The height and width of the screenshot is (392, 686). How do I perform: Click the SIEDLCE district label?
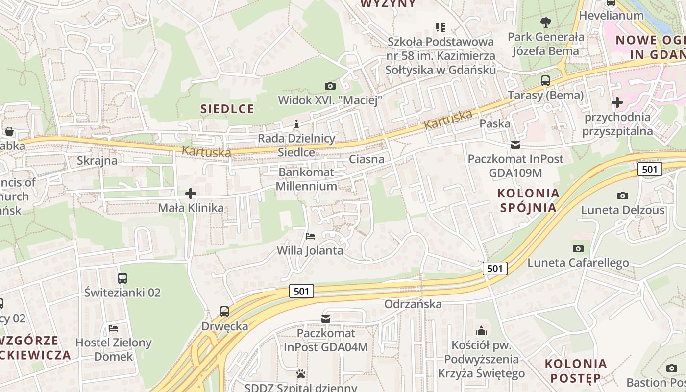pos(227,109)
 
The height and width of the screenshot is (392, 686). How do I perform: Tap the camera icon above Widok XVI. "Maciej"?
pos(330,86)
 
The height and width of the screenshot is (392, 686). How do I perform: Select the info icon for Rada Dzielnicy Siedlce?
pos(296,124)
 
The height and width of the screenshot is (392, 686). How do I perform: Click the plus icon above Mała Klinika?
pos(191,194)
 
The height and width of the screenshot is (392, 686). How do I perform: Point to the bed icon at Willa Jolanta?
pos(310,236)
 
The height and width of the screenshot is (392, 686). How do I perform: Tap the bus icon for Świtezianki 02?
pos(122,278)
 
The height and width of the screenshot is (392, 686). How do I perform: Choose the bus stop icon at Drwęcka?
pos(224,311)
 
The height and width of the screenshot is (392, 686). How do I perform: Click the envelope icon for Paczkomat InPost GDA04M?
pos(325,319)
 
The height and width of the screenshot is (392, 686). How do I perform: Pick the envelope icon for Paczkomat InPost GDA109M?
pos(515,145)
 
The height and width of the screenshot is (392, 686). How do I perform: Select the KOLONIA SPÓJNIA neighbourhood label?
pos(528,200)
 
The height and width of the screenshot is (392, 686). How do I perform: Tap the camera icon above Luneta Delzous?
pos(623,196)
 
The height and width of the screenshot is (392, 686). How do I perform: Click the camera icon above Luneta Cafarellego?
pos(578,248)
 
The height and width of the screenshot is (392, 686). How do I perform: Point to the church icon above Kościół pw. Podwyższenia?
pos(481,331)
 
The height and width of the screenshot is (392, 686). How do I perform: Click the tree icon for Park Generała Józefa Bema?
pos(545,22)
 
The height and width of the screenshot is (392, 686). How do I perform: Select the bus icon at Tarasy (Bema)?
pos(545,81)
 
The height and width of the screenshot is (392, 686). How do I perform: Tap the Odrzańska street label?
pos(413,304)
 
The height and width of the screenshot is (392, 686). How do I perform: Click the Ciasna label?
pos(367,159)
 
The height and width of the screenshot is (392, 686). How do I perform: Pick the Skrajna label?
pos(97,161)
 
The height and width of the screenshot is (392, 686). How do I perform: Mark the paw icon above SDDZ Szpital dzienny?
pos(301,374)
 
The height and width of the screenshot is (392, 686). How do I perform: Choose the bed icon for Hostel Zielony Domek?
pos(114,328)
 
